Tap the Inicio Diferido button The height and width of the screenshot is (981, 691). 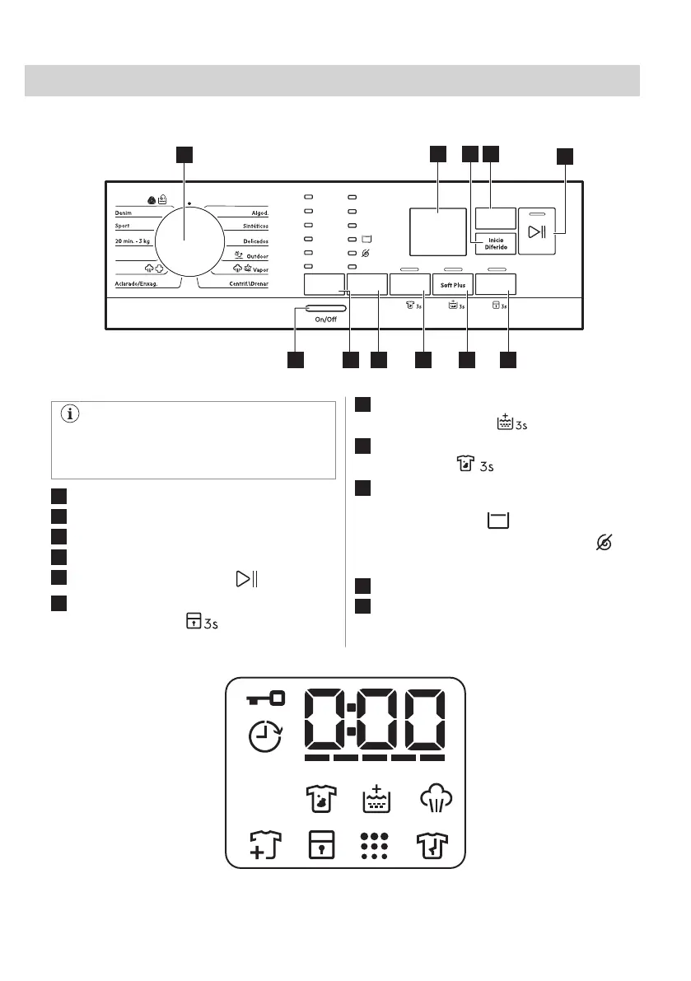[495, 243]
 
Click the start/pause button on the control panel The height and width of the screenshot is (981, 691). [537, 232]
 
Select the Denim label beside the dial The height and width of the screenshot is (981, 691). [124, 212]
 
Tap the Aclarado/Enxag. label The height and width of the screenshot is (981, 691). [137, 283]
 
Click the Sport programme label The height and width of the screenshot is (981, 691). [123, 225]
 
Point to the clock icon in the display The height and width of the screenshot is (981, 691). [265, 735]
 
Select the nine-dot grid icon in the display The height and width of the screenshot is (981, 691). [375, 844]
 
